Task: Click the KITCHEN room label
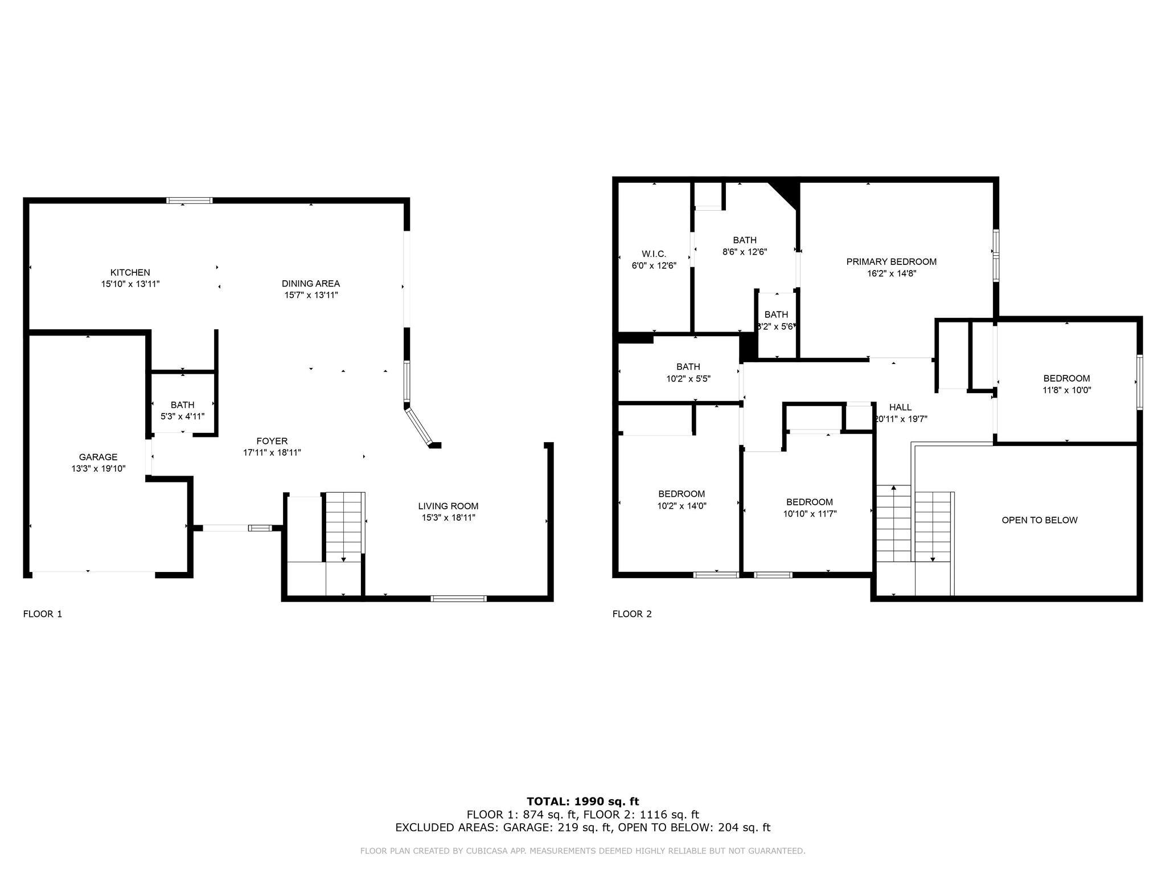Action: coord(130,273)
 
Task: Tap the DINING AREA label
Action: coord(311,284)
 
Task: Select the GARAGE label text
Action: coord(98,457)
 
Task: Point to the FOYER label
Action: coord(272,441)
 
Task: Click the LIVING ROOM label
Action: coord(448,506)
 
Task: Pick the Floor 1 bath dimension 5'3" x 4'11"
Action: coord(182,416)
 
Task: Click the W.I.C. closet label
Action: coord(654,254)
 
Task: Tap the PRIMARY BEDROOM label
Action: coord(891,262)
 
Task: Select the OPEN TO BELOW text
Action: coord(1040,520)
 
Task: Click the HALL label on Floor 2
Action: coord(900,407)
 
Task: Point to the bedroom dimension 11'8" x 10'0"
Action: coord(1066,390)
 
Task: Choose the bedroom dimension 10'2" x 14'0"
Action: coord(681,506)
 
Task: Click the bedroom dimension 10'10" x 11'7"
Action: coord(810,514)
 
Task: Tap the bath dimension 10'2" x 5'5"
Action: coord(688,378)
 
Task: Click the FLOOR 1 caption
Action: coord(42,614)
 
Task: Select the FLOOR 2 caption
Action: coord(632,614)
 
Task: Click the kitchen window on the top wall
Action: coord(190,201)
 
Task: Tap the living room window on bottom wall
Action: coord(458,599)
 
